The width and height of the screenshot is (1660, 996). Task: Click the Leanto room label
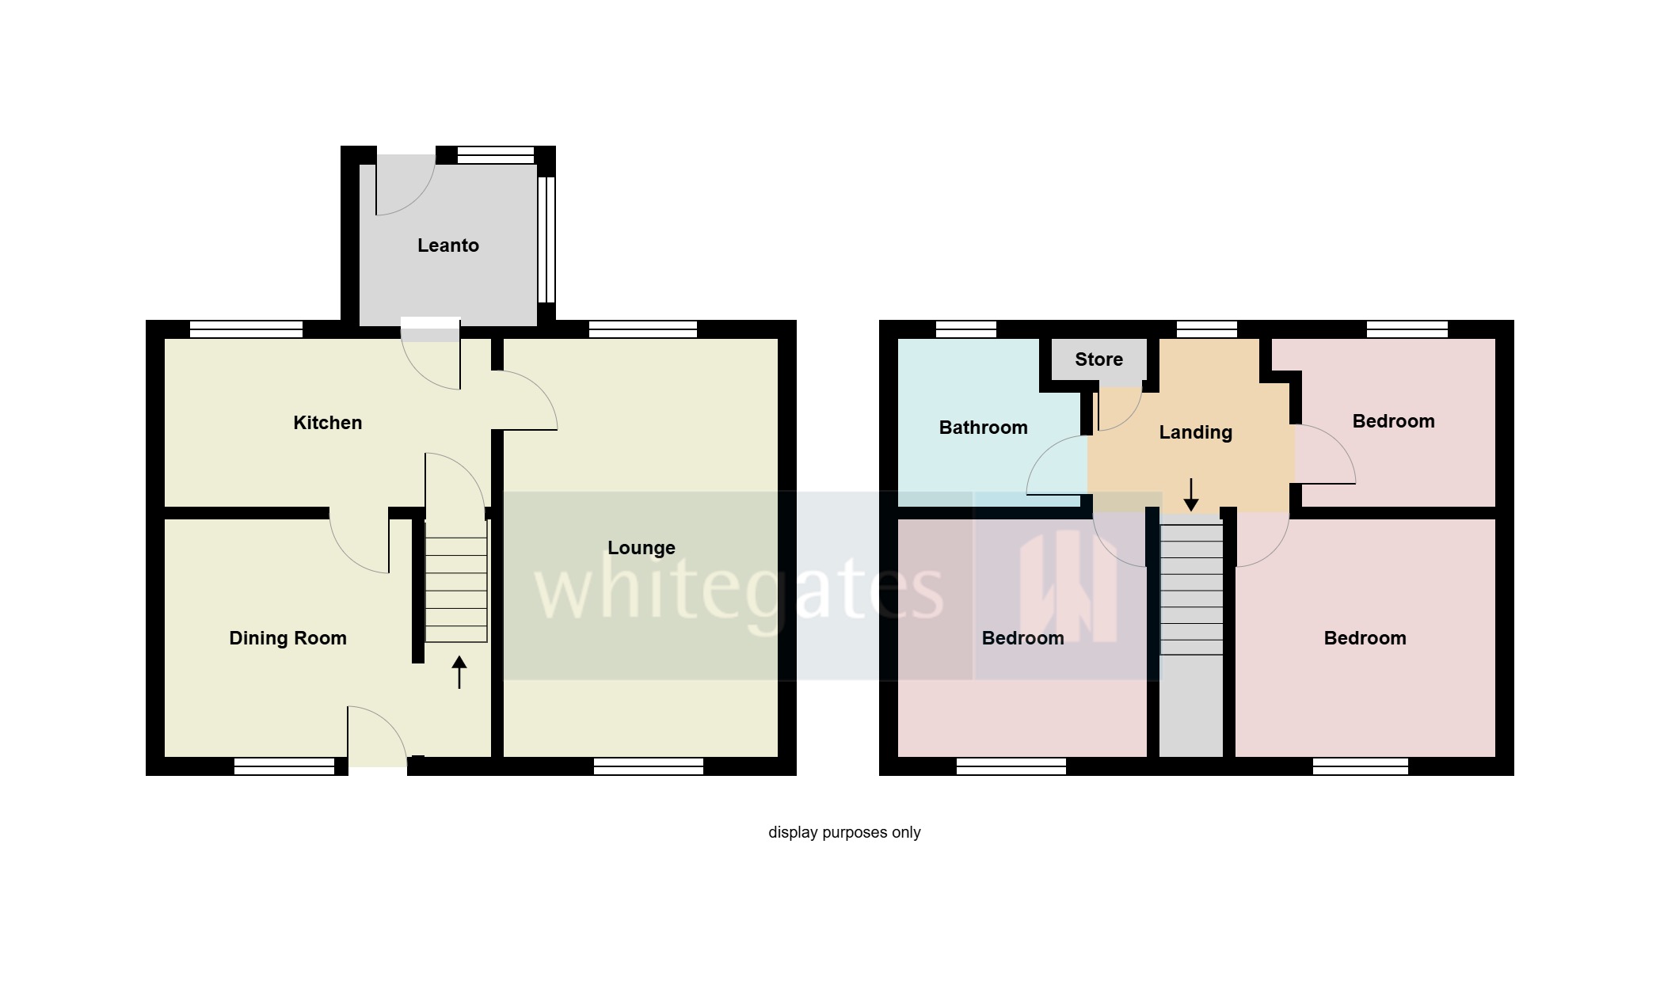(447, 245)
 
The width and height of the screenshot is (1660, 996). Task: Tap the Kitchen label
(327, 423)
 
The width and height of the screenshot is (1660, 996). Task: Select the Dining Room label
(287, 638)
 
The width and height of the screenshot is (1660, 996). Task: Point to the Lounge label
(641, 548)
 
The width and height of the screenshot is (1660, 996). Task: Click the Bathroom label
(983, 428)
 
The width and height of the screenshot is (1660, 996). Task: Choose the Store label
(1098, 359)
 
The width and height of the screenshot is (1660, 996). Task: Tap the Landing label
(1195, 432)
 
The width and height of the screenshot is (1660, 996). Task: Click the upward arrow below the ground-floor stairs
(459, 672)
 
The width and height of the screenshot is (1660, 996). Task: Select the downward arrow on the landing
(1191, 495)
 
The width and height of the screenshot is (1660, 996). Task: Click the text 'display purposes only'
(844, 832)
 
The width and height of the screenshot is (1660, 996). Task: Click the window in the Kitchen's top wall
(246, 329)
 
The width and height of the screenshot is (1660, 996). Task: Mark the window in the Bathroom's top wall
(965, 329)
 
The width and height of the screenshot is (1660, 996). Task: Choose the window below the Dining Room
(284, 766)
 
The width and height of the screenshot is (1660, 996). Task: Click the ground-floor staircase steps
(456, 589)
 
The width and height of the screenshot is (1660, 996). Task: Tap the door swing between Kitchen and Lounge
(525, 401)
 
